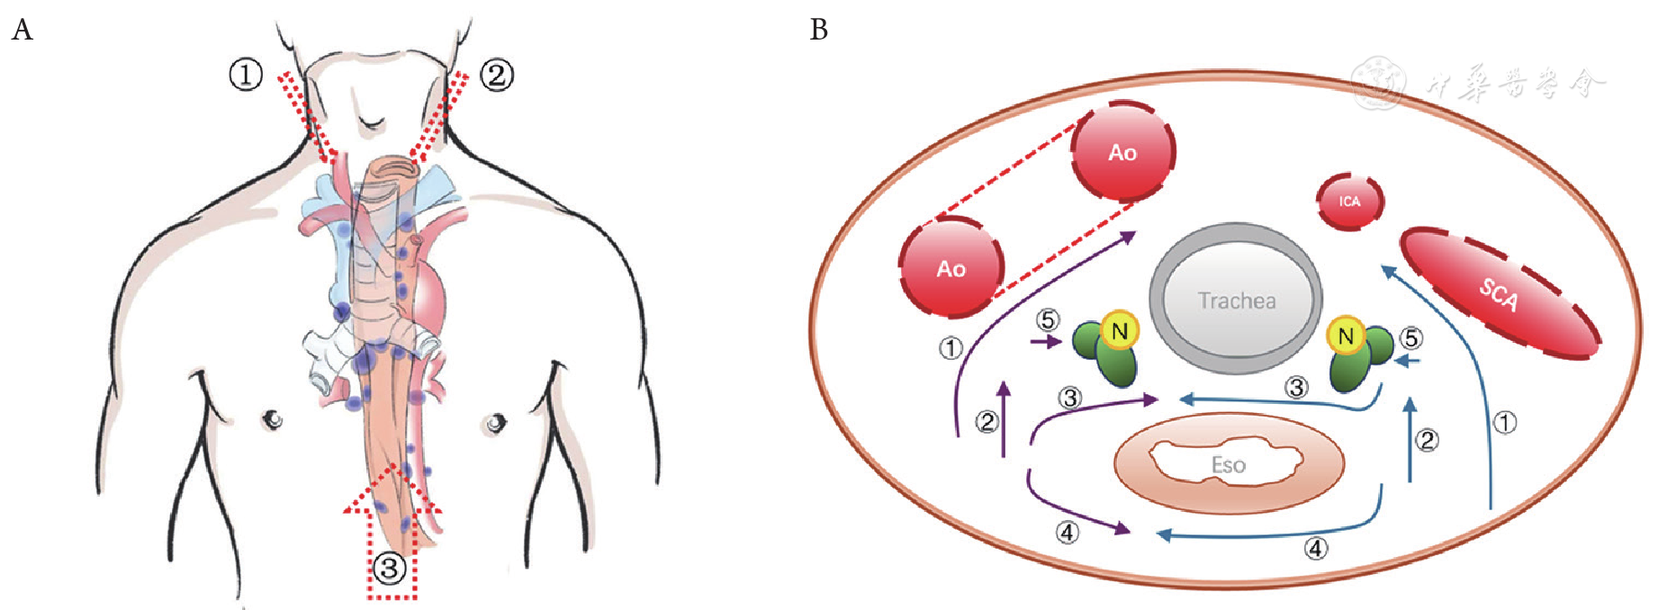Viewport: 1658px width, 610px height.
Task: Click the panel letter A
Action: (22, 31)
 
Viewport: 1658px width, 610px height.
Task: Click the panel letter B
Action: (818, 31)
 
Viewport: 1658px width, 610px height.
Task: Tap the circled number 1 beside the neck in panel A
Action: (245, 75)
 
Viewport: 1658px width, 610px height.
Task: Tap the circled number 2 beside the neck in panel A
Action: (497, 75)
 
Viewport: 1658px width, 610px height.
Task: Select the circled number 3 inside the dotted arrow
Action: (390, 569)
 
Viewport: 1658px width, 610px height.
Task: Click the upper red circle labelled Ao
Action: (1122, 151)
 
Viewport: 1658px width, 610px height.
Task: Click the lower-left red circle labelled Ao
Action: (951, 267)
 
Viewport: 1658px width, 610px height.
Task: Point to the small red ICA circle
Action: (1349, 201)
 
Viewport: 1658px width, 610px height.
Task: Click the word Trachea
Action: (1236, 301)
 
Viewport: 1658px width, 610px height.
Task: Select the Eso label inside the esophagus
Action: (1228, 465)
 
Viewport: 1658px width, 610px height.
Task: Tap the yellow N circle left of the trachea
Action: (1120, 331)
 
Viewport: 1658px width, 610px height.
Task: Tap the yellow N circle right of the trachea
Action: (1346, 336)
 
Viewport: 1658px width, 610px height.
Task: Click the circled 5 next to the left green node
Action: (1048, 320)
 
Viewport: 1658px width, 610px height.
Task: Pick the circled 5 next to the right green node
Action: (1411, 338)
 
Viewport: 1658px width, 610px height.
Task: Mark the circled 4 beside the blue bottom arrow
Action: (1316, 548)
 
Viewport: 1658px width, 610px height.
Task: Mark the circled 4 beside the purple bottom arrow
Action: (1067, 533)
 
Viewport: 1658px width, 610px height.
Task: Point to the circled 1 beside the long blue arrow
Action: (1505, 421)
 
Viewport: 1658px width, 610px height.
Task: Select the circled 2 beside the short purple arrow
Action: (987, 421)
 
